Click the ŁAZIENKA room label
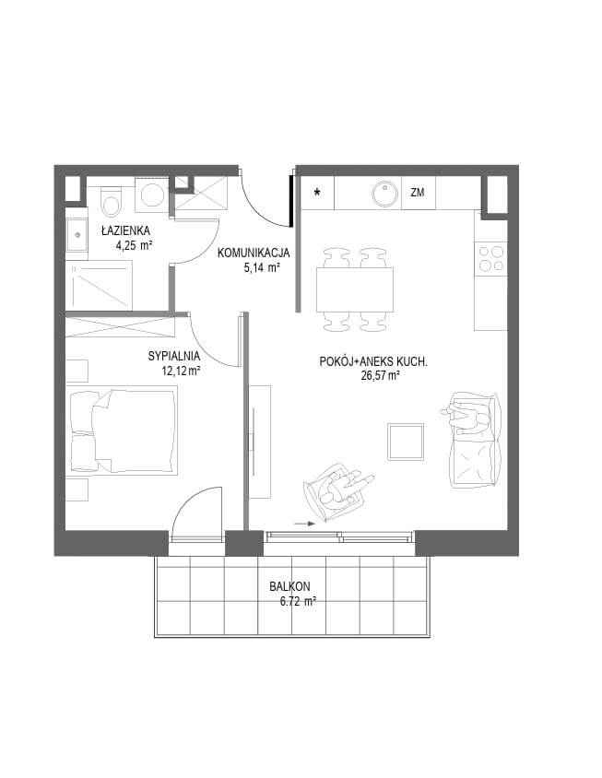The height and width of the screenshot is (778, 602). click(x=125, y=230)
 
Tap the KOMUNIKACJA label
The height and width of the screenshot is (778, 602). click(x=254, y=253)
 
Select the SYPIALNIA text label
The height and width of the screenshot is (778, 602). click(x=173, y=356)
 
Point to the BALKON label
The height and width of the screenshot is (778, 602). click(x=289, y=586)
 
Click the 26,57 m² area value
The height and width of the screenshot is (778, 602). click(x=381, y=375)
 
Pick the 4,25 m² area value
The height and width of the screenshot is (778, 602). click(x=134, y=244)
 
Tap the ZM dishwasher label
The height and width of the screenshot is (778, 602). click(x=418, y=193)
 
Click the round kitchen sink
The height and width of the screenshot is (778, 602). click(x=384, y=193)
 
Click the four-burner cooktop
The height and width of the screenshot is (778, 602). click(x=490, y=259)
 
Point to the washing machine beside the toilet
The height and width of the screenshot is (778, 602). click(x=152, y=194)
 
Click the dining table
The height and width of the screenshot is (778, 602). click(x=355, y=289)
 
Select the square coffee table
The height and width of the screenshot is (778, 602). click(x=406, y=442)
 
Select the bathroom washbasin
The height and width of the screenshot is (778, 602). click(x=77, y=237)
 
